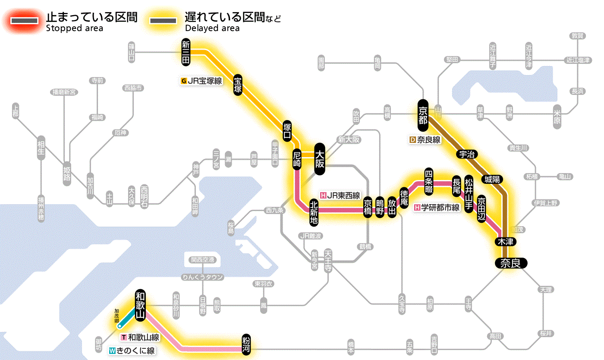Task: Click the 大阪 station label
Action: click(320, 159)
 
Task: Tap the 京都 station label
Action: click(423, 114)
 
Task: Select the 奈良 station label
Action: click(511, 263)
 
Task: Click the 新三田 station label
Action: click(186, 52)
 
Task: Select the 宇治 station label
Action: click(466, 155)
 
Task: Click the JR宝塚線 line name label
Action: click(202, 80)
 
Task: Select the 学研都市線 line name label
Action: click(437, 208)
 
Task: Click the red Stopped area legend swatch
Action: click(25, 20)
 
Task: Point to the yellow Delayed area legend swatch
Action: click(163, 20)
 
